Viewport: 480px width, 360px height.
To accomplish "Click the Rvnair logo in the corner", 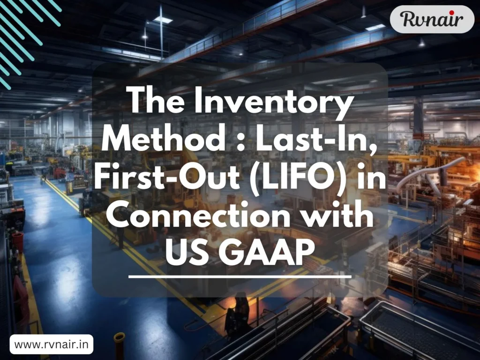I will [x=432, y=19].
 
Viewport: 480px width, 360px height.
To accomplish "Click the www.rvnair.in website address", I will [x=51, y=345].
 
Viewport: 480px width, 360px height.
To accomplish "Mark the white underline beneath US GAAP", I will [x=240, y=277].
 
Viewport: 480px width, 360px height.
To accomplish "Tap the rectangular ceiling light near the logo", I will [x=375, y=28].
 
